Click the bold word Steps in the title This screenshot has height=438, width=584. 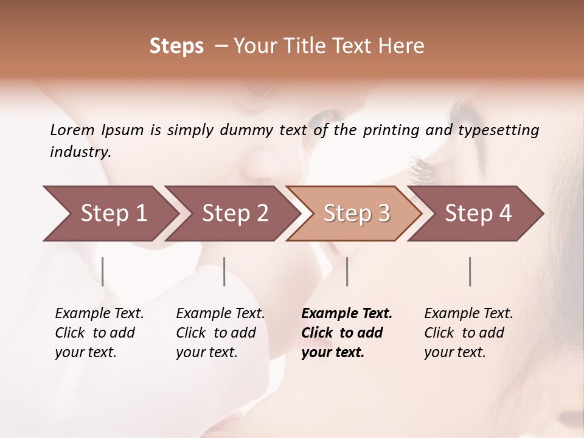(x=176, y=46)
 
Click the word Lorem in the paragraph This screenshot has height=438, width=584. (x=72, y=130)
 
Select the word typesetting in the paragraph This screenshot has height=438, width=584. (x=498, y=130)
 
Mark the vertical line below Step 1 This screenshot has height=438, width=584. (x=103, y=271)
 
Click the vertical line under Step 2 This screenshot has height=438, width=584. (x=224, y=271)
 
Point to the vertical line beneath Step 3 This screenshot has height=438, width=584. (x=347, y=271)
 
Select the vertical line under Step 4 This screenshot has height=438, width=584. (x=470, y=271)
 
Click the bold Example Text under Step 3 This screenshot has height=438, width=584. (x=347, y=314)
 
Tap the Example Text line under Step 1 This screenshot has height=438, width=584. (x=99, y=314)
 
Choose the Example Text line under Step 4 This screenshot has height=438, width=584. (x=468, y=314)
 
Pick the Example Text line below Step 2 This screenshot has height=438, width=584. (x=220, y=314)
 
